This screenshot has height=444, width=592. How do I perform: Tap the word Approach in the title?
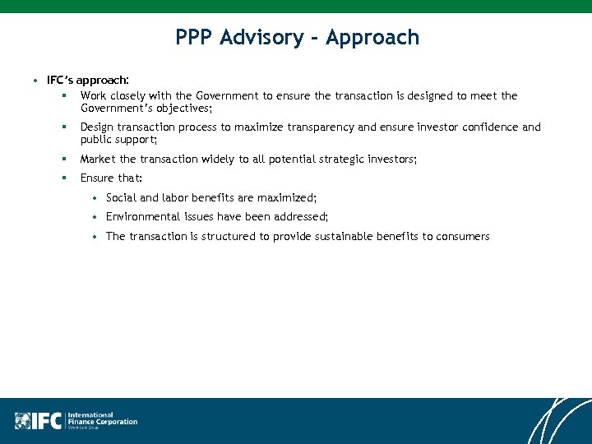coord(372,38)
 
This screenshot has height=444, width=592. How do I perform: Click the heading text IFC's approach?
coord(87,81)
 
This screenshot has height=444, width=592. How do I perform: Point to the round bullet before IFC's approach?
coord(36,81)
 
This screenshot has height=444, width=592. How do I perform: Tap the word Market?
coord(98,159)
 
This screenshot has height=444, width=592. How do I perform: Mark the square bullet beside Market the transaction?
coord(62,159)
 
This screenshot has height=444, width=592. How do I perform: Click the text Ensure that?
coord(111,178)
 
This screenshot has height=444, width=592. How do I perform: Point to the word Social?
coord(121,198)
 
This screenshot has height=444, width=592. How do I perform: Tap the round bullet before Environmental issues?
coord(96,217)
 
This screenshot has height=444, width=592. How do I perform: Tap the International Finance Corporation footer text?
coord(102,420)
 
